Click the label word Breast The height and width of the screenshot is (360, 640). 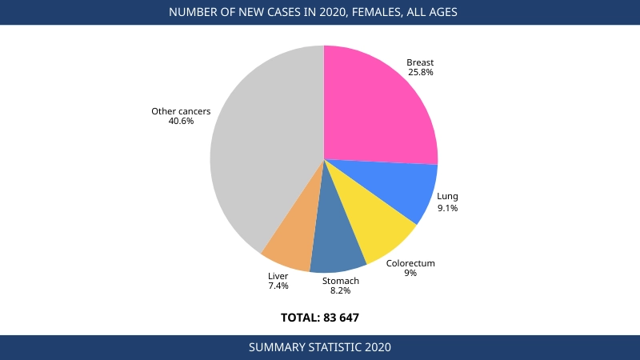[x=420, y=62]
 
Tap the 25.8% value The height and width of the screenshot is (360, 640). [x=420, y=73]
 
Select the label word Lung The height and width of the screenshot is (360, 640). [x=447, y=197]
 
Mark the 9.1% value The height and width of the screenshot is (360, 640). [x=447, y=208]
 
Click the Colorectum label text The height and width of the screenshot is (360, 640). [x=410, y=263]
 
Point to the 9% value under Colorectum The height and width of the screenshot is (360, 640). [x=410, y=274]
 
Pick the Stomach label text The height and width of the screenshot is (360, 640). [x=341, y=281]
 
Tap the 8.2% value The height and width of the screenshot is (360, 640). [x=341, y=291]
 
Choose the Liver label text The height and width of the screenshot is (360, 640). [x=278, y=276]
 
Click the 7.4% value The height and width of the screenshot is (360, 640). [x=278, y=286]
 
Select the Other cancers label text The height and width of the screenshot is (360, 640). [x=181, y=111]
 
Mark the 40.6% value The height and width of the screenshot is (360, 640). [x=181, y=122]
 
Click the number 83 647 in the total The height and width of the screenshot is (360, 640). [x=342, y=318]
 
